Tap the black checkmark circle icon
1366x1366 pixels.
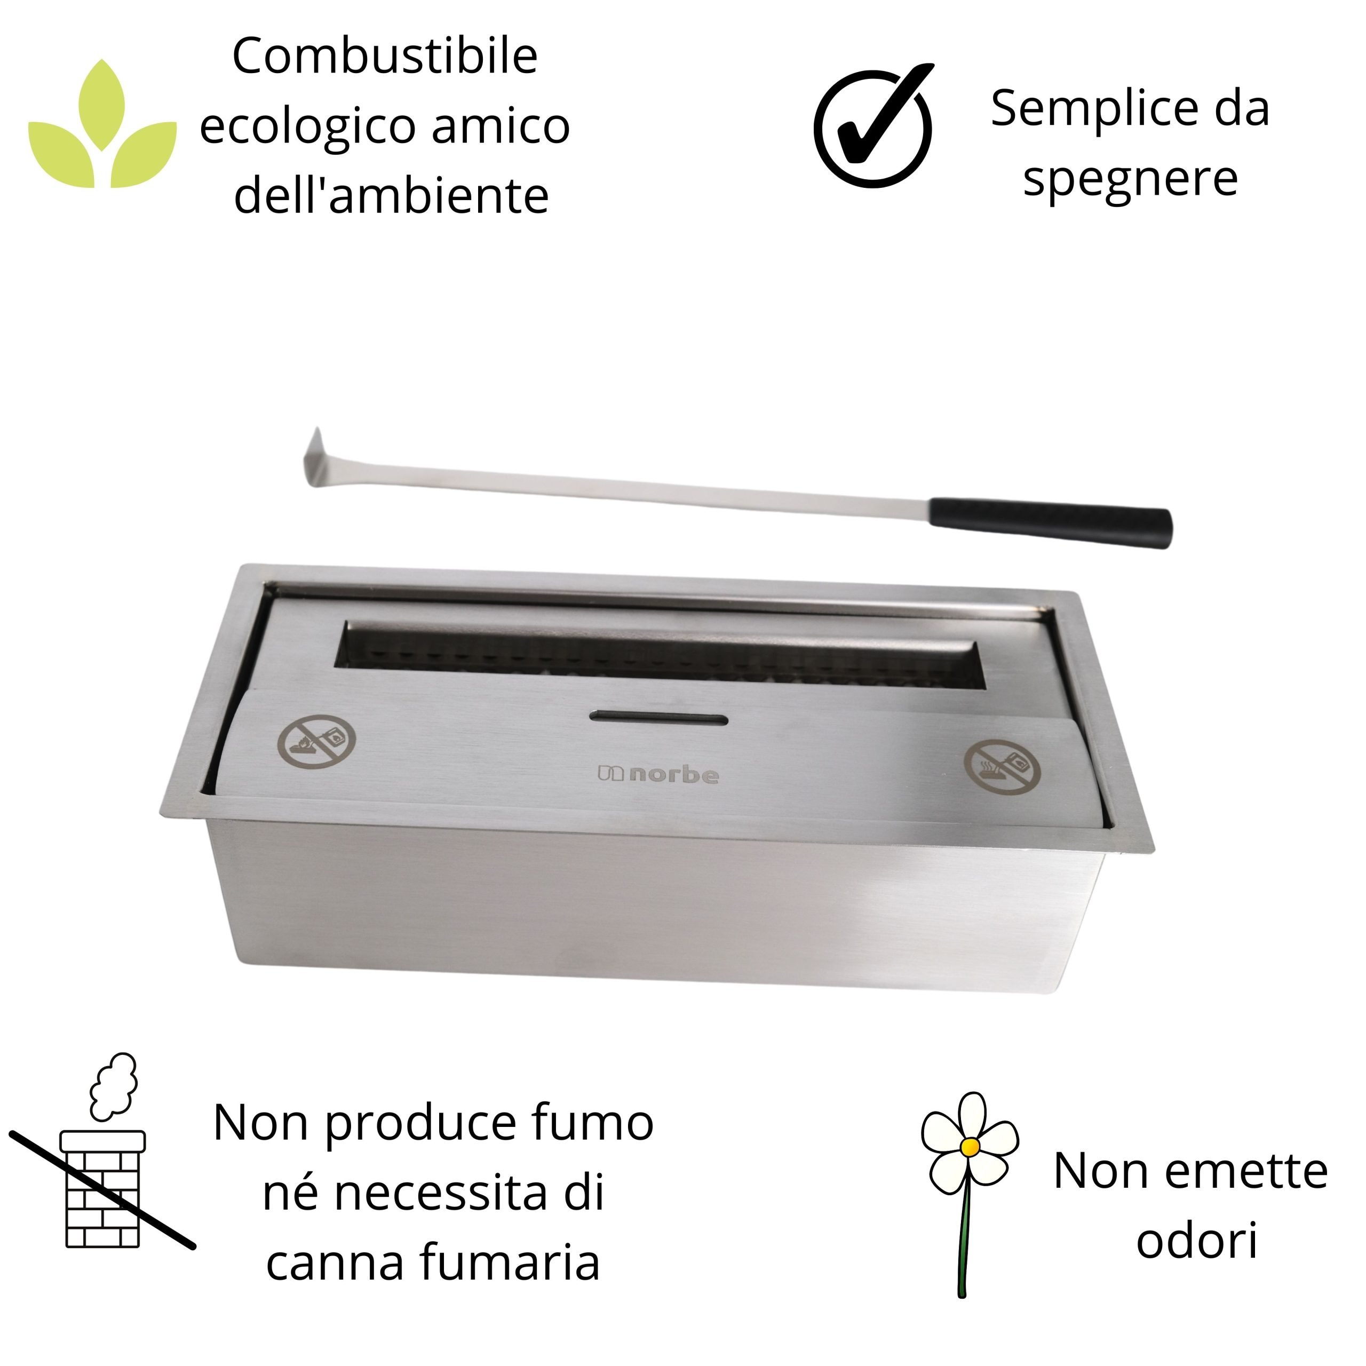[874, 128]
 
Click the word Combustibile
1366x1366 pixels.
[385, 57]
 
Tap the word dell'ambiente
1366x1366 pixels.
[391, 196]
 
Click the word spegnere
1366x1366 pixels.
[1130, 178]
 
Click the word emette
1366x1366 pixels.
[1246, 1172]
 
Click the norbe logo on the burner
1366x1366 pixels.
[659, 775]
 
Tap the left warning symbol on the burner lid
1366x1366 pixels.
[316, 742]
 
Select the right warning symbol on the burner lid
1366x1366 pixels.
[1002, 767]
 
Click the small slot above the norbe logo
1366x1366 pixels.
[658, 719]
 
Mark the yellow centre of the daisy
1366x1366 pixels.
[971, 1146]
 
